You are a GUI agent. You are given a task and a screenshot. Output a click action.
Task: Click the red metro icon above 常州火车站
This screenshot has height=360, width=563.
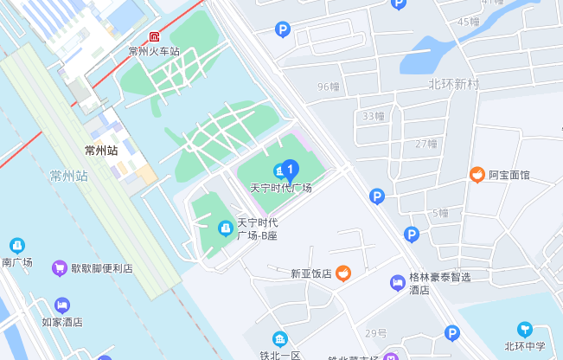154,37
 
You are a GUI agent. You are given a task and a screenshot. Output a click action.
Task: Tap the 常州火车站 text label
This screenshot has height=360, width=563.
154,51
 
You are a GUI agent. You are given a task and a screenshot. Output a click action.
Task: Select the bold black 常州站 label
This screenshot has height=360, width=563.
100,150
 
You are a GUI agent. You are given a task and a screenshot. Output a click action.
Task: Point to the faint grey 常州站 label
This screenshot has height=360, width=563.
69,176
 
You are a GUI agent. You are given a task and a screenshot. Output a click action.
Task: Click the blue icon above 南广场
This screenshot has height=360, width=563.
16,246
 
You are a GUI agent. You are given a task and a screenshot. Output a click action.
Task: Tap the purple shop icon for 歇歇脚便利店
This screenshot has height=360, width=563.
60,268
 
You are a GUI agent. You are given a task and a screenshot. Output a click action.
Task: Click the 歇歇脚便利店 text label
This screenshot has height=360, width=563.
102,268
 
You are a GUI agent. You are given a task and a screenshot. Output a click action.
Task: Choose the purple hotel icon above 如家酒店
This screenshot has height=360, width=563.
61,305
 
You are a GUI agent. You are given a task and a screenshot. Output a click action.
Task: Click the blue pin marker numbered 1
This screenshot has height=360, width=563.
291,168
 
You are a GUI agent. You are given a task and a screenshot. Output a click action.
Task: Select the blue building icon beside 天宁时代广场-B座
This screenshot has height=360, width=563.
225,228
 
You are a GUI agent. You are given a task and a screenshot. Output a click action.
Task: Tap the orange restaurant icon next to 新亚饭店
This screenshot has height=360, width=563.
343,273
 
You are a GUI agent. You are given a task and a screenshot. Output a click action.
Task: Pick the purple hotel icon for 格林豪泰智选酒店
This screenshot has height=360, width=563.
397,283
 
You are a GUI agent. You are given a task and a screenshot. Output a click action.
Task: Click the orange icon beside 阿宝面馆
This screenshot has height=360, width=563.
477,175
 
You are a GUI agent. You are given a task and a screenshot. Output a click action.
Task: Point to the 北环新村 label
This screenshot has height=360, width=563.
453,84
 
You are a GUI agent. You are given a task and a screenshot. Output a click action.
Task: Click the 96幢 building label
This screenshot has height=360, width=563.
329,87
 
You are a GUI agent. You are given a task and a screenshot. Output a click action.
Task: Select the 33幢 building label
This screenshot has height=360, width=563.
374,116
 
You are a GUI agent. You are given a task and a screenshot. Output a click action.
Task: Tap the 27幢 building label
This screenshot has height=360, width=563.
425,144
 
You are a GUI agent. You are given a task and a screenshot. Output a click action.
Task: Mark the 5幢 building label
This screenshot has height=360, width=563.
440,213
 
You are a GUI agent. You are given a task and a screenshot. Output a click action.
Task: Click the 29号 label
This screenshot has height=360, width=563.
375,333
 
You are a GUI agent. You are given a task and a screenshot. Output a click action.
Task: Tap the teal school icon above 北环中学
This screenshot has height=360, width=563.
524,330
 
